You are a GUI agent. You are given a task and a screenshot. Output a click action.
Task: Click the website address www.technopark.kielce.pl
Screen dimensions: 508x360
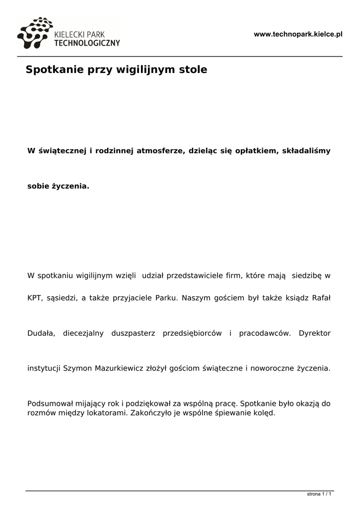[298, 34]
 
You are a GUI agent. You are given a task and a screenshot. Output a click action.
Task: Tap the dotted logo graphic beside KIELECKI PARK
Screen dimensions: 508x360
[34, 34]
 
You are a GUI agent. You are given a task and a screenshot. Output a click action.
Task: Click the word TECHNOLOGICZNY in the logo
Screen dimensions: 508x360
[86, 43]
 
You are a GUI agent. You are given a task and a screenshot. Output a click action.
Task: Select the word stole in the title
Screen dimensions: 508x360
[194, 69]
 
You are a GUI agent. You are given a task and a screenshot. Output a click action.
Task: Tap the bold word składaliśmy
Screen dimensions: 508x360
[306, 150]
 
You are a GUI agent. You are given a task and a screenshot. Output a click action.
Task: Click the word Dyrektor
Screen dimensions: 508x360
[314, 333]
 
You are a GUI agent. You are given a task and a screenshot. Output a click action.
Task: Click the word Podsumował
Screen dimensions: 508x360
[49, 404]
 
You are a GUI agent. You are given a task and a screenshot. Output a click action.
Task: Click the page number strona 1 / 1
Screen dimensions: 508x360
[319, 494]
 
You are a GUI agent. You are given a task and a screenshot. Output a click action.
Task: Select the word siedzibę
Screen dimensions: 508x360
[307, 275]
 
